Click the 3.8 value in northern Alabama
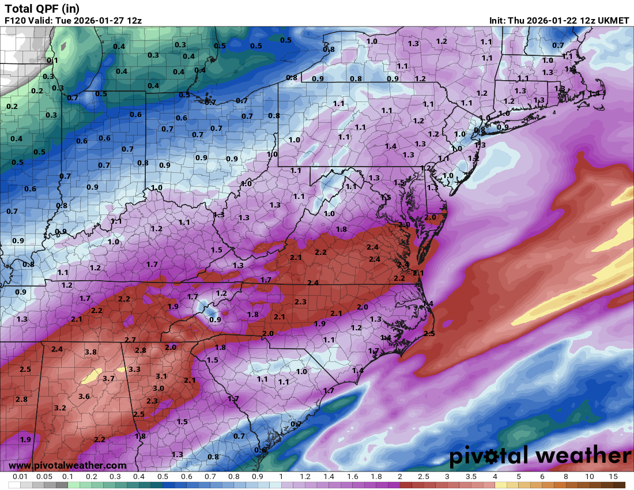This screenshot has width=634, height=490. click(x=90, y=352)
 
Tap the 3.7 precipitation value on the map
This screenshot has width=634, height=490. click(x=109, y=379)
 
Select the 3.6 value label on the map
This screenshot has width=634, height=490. click(x=84, y=397)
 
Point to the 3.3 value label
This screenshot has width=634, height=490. click(x=134, y=369)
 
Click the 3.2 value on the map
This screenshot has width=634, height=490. click(x=60, y=408)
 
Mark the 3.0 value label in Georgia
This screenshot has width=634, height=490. click(x=158, y=389)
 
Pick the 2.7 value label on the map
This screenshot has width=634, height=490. click(x=130, y=340)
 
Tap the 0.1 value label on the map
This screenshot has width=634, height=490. click(x=52, y=61)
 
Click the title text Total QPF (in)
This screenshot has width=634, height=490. click(x=42, y=8)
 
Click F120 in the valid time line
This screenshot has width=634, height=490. click(x=15, y=20)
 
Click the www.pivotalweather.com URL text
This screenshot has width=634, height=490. click(x=68, y=465)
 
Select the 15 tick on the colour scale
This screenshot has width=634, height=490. click(x=613, y=477)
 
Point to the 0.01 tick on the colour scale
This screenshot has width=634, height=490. click(x=21, y=477)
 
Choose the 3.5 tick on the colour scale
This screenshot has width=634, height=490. click(x=471, y=477)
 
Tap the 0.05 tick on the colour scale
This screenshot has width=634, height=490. click(x=44, y=477)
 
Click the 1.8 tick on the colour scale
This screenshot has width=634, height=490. click(x=376, y=477)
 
